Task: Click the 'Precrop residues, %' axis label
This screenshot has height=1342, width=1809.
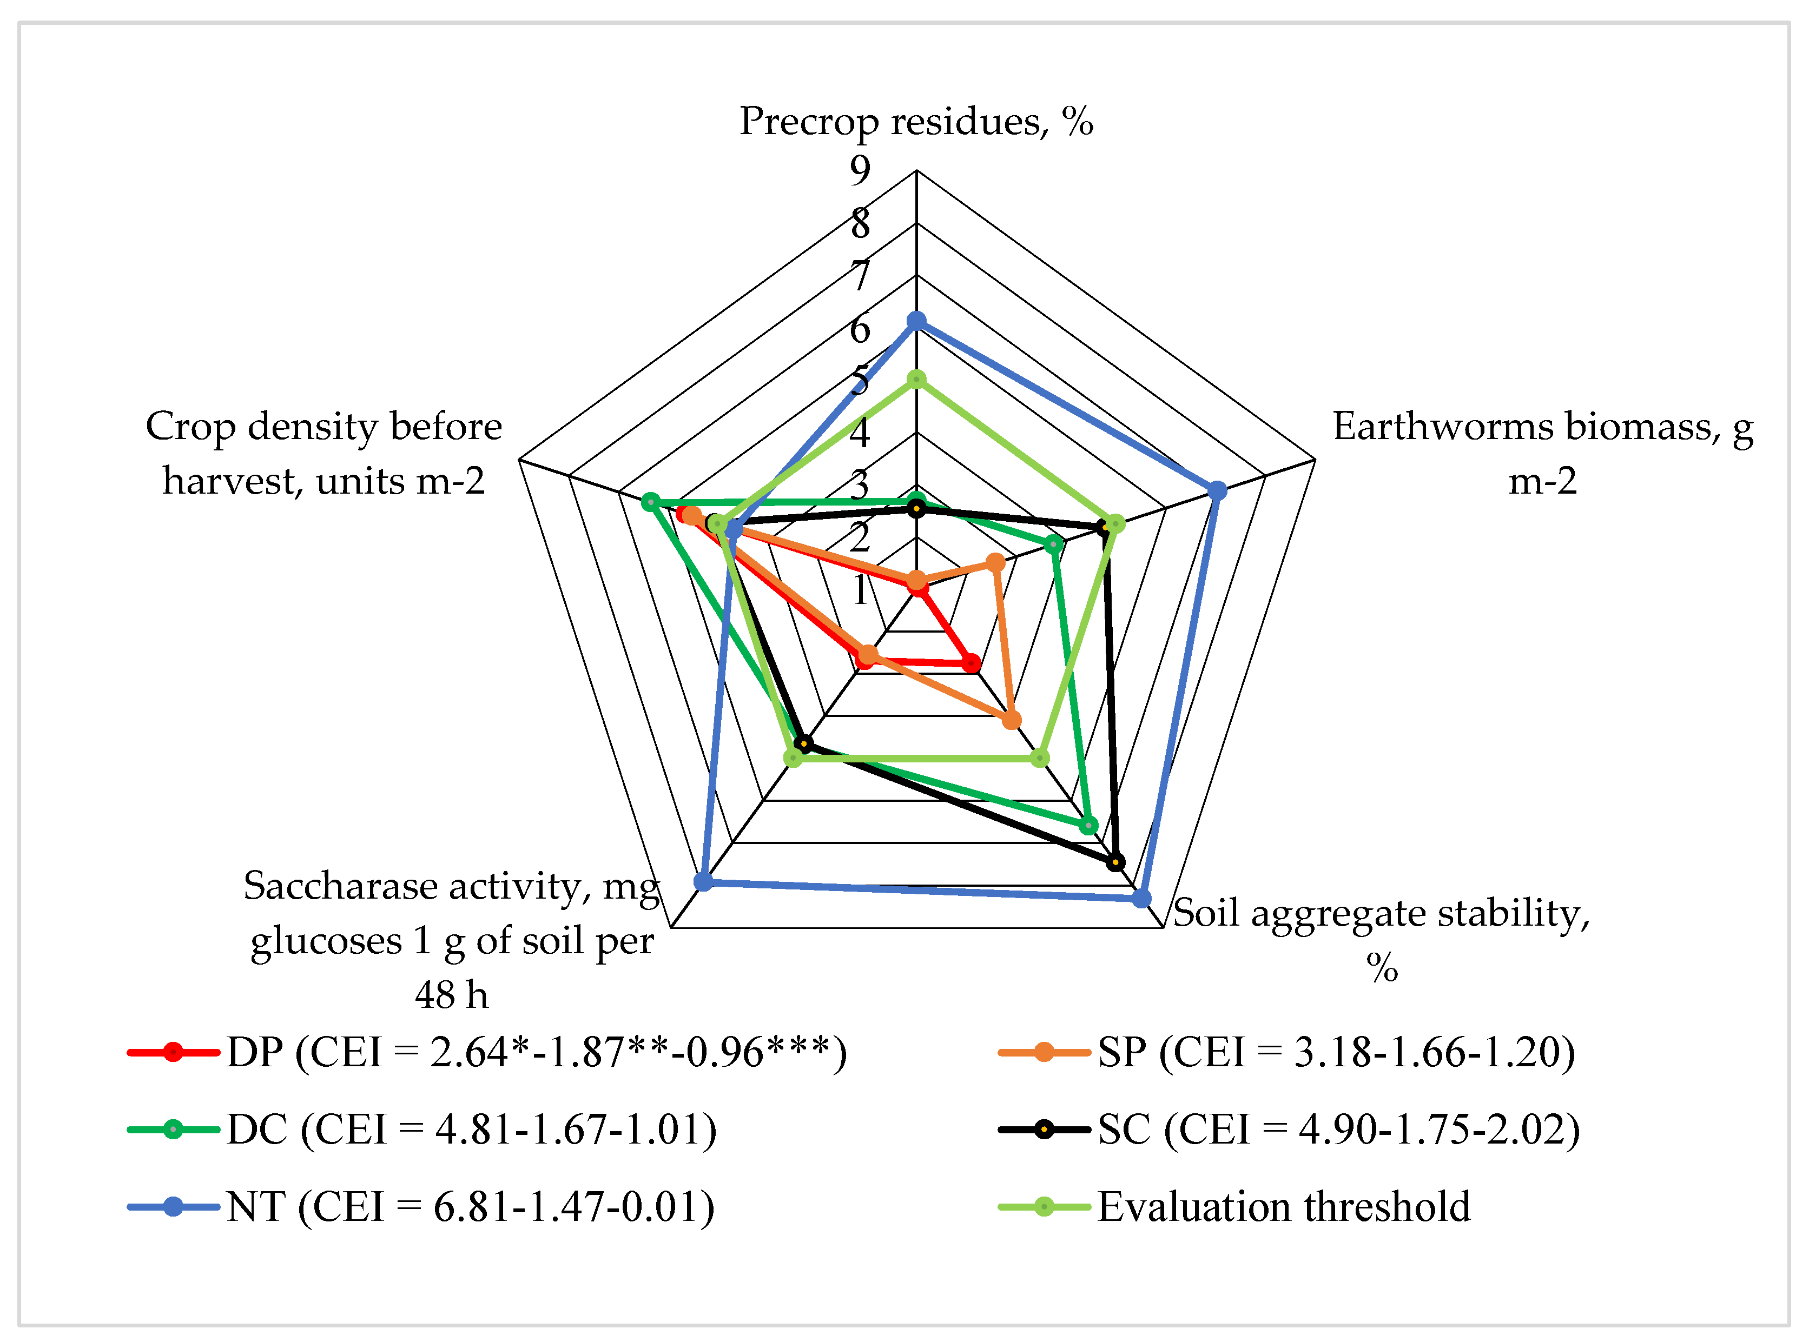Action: (x=916, y=121)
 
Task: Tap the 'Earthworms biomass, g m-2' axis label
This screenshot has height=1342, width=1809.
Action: (x=1542, y=453)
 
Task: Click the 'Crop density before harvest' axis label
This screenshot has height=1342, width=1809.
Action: (x=323, y=453)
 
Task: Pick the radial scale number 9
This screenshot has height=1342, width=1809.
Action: (x=860, y=170)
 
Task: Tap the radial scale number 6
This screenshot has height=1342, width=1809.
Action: (x=860, y=329)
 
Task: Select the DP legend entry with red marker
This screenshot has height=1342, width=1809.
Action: (x=487, y=1053)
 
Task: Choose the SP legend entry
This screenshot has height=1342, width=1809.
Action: (x=1288, y=1053)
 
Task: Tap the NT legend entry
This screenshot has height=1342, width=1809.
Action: (x=421, y=1207)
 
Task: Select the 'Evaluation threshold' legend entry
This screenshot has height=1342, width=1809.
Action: (x=1235, y=1207)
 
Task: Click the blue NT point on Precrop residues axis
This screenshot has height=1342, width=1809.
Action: (x=916, y=321)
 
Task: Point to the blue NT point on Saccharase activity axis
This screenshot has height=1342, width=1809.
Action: (x=703, y=881)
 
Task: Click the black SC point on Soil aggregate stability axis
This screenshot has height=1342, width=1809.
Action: (x=1116, y=862)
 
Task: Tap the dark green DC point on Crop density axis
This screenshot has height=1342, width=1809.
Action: (x=650, y=502)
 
